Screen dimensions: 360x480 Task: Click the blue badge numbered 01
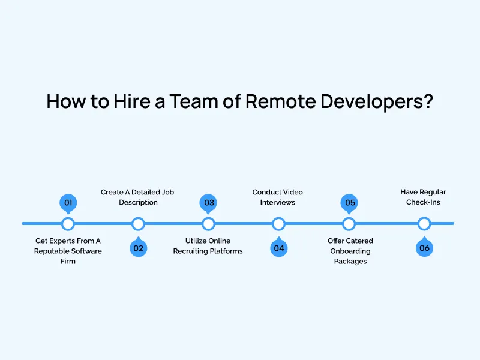pyautogui.click(x=68, y=202)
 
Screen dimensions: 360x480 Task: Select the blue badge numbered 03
pyautogui.click(x=209, y=202)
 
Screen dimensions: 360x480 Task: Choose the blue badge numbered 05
pyautogui.click(x=350, y=202)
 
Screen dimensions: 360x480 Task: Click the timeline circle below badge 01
pyautogui.click(x=68, y=224)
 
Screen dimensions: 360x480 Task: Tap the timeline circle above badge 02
pyautogui.click(x=138, y=224)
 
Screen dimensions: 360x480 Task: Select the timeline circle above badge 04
pyautogui.click(x=278, y=224)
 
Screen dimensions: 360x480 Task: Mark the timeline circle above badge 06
pyautogui.click(x=424, y=224)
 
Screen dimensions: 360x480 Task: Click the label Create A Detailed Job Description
pyautogui.click(x=138, y=197)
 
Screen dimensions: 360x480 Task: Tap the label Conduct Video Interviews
pyautogui.click(x=277, y=197)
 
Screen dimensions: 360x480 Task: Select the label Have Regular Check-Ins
pyautogui.click(x=423, y=197)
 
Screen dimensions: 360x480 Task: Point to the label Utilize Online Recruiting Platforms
pyautogui.click(x=208, y=246)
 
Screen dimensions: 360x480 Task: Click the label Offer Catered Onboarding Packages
pyautogui.click(x=350, y=251)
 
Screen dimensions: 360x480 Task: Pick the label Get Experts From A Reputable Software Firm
pyautogui.click(x=68, y=251)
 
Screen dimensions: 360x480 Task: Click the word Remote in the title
pyautogui.click(x=281, y=101)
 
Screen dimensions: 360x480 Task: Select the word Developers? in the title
pyautogui.click(x=377, y=101)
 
